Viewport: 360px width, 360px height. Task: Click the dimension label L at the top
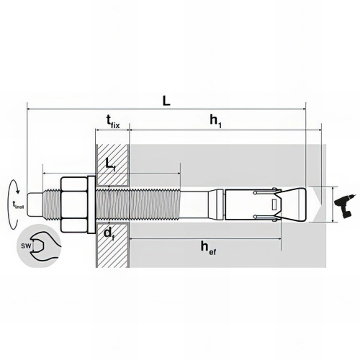[166, 101]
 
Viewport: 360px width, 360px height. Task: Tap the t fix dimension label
[113, 122]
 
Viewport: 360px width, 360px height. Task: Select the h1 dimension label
[215, 121]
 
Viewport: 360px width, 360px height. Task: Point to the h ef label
[208, 248]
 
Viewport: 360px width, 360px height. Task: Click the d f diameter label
[109, 233]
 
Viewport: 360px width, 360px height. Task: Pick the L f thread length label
[111, 165]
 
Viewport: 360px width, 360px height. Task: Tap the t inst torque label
[18, 204]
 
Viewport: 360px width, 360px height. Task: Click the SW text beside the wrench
[26, 246]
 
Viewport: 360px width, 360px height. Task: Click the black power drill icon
[344, 204]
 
